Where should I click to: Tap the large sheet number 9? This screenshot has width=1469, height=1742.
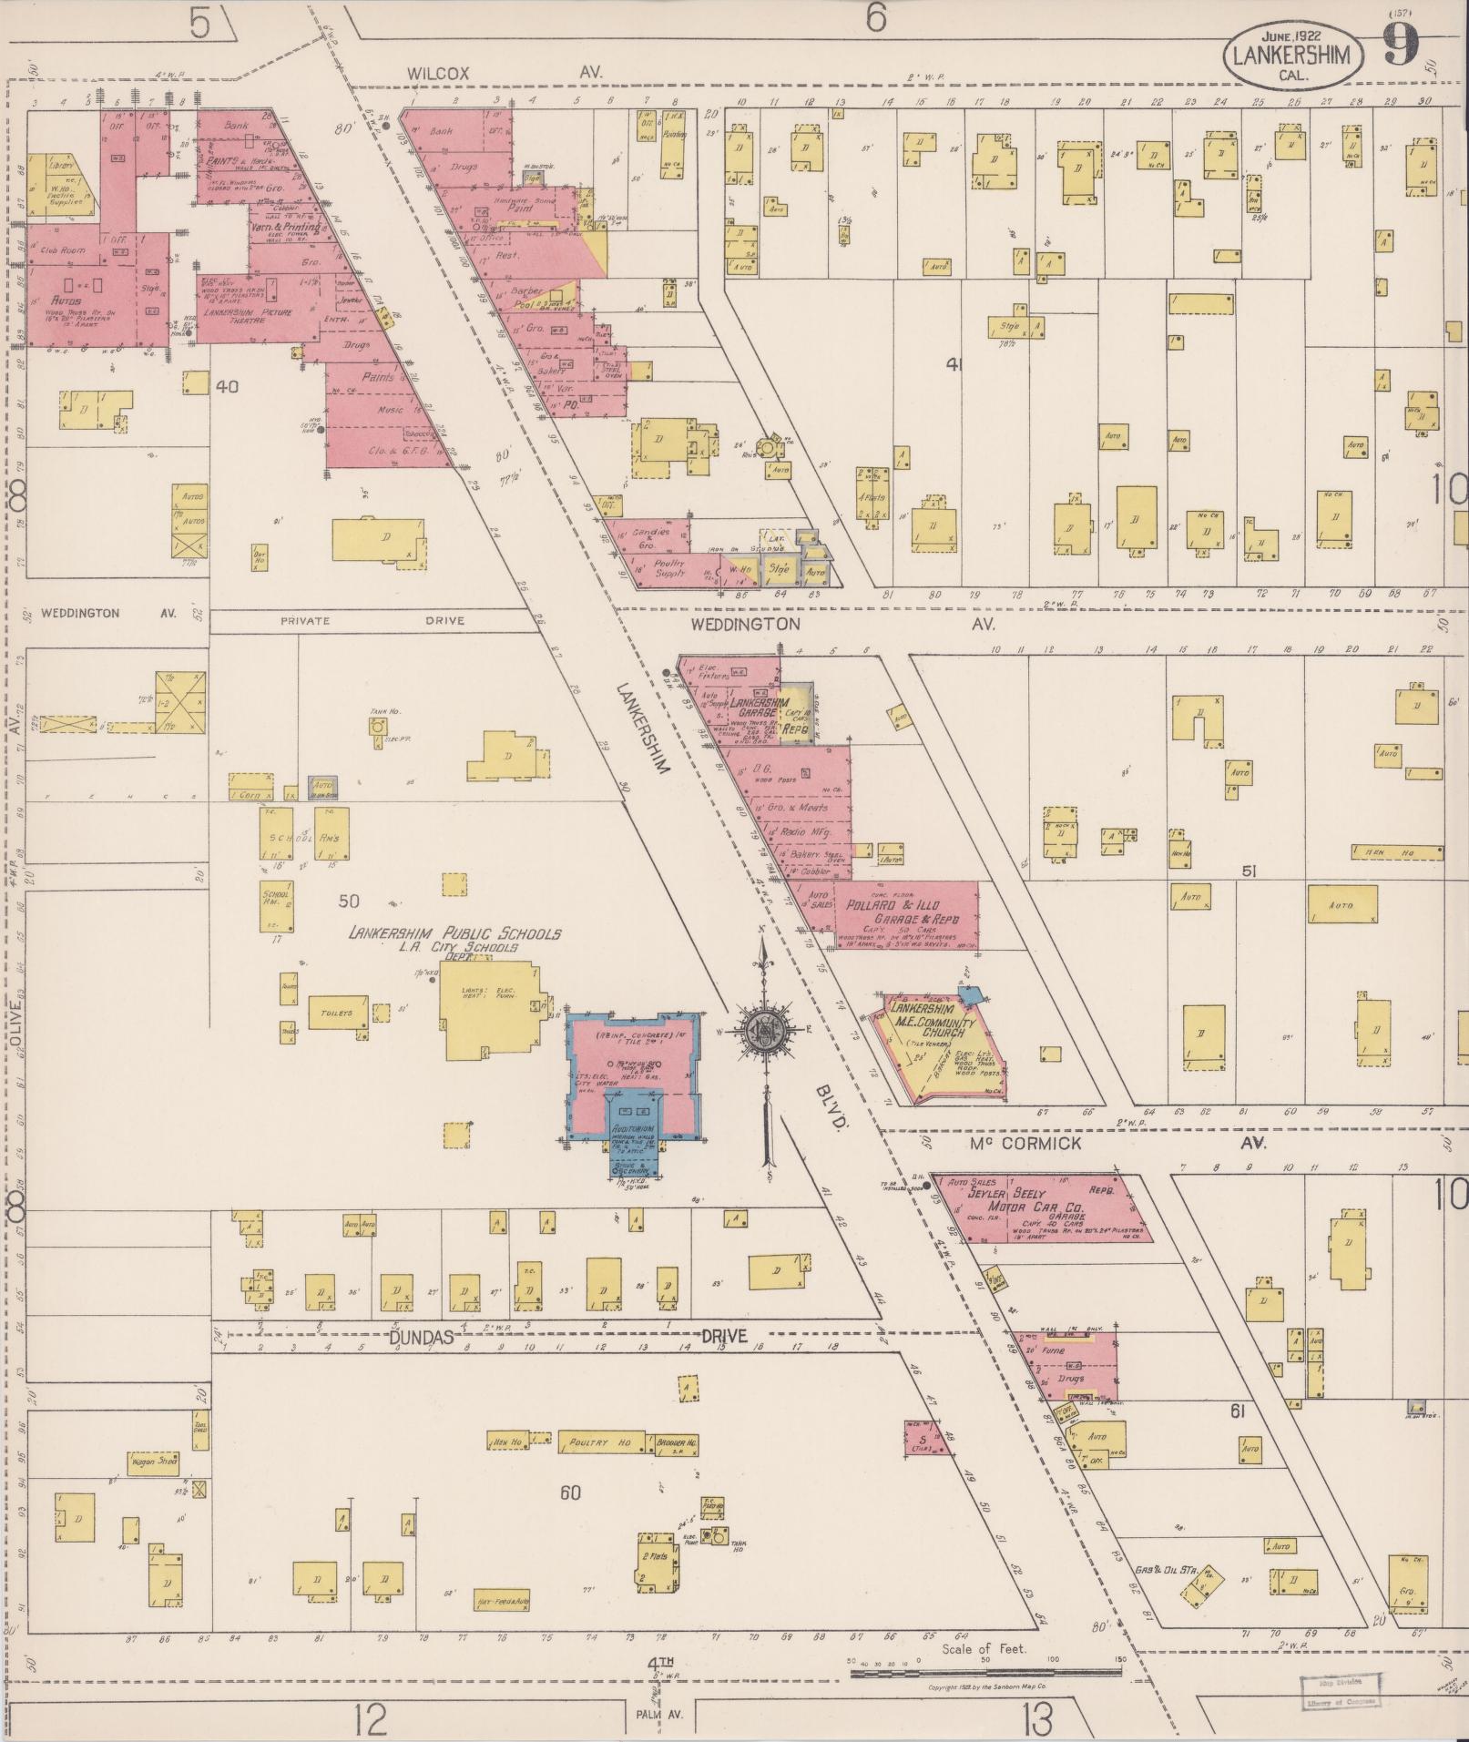[1403, 44]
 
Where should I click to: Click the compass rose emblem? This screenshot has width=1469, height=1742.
[763, 1031]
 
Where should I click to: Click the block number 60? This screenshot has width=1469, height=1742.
[570, 1492]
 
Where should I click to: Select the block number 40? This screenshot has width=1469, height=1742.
[227, 386]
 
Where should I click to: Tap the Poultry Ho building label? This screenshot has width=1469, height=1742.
[599, 1443]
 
